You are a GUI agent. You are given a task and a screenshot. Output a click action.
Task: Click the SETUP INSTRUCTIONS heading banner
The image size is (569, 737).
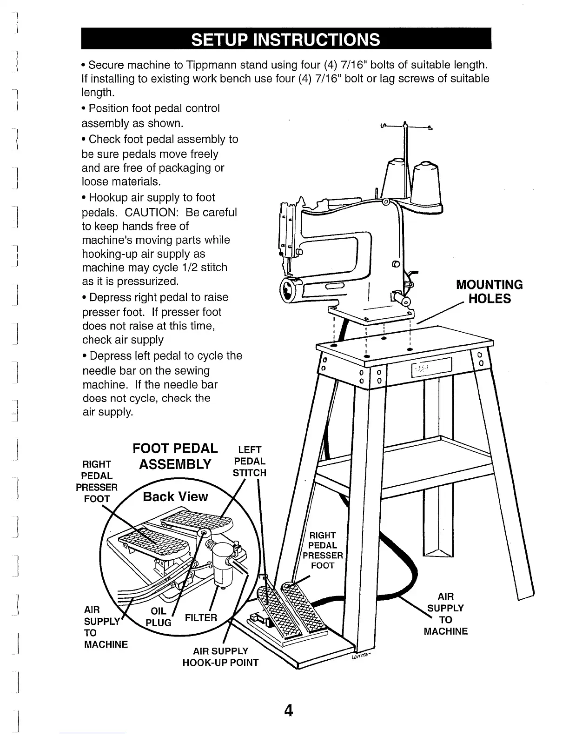pos(286,39)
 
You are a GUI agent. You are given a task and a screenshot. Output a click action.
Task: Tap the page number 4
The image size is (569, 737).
pos(289,710)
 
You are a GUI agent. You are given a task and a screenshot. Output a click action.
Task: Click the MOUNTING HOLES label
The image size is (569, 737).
pos(489,292)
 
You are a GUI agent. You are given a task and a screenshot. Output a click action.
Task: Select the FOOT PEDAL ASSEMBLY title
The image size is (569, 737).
pos(175,456)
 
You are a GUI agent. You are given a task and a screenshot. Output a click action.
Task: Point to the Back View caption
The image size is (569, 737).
pos(175,496)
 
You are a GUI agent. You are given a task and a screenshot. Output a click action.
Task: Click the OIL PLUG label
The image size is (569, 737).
pos(159,616)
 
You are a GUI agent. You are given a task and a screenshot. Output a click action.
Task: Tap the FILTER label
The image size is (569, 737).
pos(201,618)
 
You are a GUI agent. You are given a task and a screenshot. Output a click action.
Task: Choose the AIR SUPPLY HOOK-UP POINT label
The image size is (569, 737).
pos(220,657)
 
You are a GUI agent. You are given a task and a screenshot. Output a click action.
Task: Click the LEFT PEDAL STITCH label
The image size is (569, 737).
pos(250,461)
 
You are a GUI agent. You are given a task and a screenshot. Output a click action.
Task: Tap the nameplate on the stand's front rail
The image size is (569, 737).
pos(431,368)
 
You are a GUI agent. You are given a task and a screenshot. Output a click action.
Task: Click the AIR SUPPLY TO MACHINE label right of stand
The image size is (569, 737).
pos(445,614)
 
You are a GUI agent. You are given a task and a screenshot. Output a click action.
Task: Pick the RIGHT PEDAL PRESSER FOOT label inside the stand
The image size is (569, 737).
pos(323,550)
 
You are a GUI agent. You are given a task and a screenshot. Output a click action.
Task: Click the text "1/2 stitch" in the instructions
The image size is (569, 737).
pos(204,268)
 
